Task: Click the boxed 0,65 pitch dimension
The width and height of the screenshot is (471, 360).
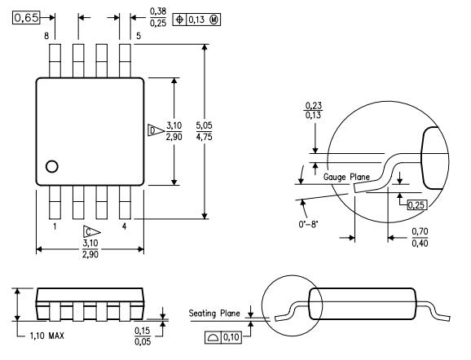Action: [x=26, y=18]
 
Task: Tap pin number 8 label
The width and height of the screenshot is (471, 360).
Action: [x=46, y=36]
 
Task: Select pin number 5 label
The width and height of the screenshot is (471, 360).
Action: [x=139, y=36]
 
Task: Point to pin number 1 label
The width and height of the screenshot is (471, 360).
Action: [x=55, y=226]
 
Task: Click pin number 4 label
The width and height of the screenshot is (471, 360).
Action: [x=125, y=226]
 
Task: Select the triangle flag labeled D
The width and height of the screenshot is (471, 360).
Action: [x=156, y=130]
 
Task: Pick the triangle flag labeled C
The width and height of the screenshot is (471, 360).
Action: [x=91, y=232]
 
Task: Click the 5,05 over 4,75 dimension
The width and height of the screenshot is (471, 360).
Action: [x=204, y=131]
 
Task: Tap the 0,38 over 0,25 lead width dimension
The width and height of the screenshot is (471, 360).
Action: [x=158, y=17]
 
